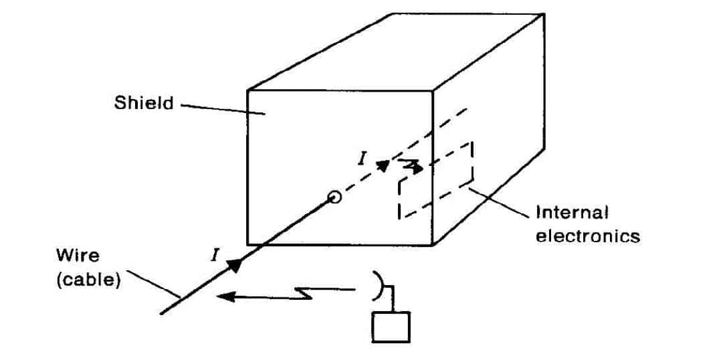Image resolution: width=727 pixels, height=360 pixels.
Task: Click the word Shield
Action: (x=144, y=102)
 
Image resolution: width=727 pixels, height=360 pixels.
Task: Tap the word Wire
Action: (x=78, y=256)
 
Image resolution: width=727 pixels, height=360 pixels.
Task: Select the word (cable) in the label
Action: (x=88, y=280)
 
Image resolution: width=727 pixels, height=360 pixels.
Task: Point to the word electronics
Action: (x=587, y=236)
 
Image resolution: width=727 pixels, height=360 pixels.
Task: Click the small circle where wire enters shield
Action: (x=334, y=197)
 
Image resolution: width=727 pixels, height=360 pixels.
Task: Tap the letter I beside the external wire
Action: (x=214, y=255)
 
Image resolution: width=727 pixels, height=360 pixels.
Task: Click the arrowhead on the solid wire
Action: (x=235, y=266)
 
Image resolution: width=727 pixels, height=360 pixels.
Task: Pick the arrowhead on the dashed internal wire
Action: (x=383, y=166)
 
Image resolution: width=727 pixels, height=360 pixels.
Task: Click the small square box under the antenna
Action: (x=391, y=327)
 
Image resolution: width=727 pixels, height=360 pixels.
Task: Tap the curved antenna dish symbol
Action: (x=380, y=286)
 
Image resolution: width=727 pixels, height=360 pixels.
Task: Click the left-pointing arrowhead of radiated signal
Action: (x=225, y=296)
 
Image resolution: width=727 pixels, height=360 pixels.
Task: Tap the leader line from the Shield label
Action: (x=223, y=110)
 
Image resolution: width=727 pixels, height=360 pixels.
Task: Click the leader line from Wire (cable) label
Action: (x=153, y=284)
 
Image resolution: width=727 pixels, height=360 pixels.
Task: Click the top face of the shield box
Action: (x=395, y=52)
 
